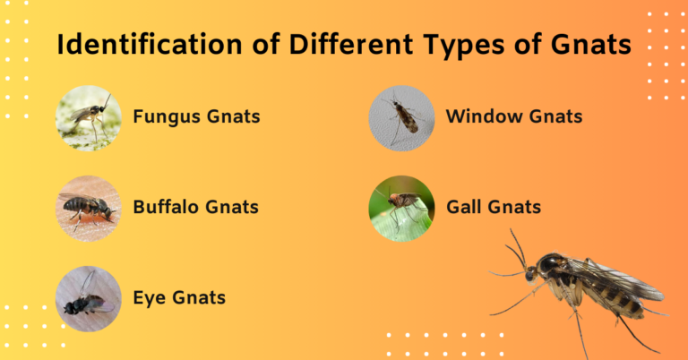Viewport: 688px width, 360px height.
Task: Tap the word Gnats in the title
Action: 583,45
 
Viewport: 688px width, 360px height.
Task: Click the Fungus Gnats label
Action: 196,116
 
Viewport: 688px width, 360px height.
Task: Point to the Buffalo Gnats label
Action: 195,207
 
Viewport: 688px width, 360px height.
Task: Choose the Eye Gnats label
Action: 179,296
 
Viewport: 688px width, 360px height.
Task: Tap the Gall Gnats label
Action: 494,207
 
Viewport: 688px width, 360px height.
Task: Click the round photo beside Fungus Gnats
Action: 88,117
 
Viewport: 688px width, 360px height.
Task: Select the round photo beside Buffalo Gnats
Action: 88,208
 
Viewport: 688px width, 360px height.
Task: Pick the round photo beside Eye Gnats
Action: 88,298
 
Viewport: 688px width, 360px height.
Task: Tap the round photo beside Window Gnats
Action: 401,117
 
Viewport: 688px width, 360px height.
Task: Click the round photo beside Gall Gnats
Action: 401,208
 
